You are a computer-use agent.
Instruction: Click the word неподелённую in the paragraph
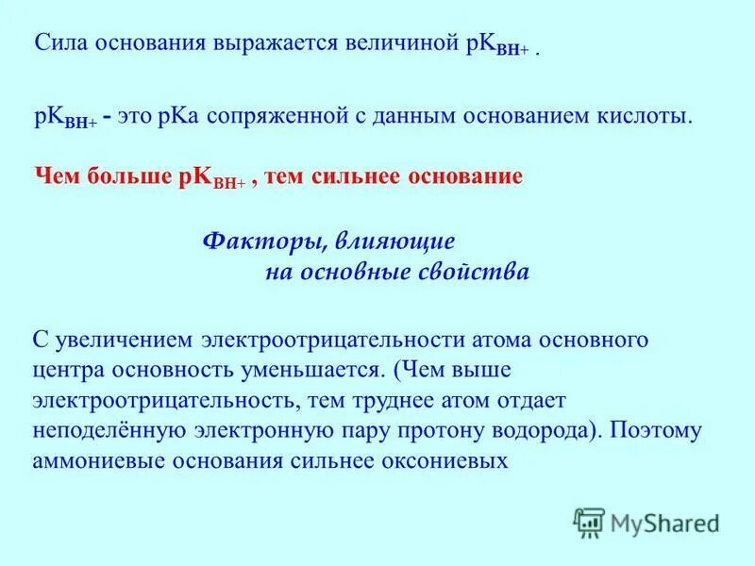click(101, 431)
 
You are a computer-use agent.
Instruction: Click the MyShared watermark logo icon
click(590, 522)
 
